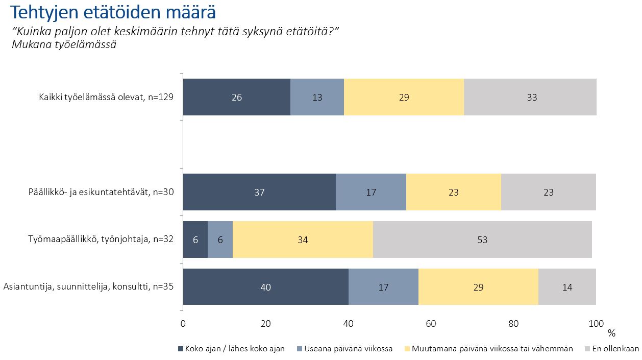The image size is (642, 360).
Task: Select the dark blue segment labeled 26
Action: click(x=237, y=97)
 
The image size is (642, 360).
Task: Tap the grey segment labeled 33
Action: click(x=530, y=97)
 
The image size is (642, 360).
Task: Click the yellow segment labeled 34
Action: click(x=303, y=239)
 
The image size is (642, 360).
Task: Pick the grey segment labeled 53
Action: click(x=482, y=239)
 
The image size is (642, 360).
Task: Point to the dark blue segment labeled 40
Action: click(x=265, y=287)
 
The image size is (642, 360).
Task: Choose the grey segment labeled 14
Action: click(x=567, y=287)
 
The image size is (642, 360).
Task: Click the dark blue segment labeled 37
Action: click(x=259, y=192)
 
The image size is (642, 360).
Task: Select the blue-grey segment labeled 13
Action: click(x=317, y=97)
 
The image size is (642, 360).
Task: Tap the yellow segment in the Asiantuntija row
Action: click(x=478, y=287)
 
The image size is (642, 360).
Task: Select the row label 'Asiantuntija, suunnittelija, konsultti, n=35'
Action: click(x=89, y=287)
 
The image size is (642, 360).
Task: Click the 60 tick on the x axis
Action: click(x=431, y=323)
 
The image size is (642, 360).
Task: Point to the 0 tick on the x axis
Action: click(x=183, y=323)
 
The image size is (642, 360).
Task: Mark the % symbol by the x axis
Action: click(x=611, y=333)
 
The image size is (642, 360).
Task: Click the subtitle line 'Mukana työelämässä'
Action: click(x=64, y=44)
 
